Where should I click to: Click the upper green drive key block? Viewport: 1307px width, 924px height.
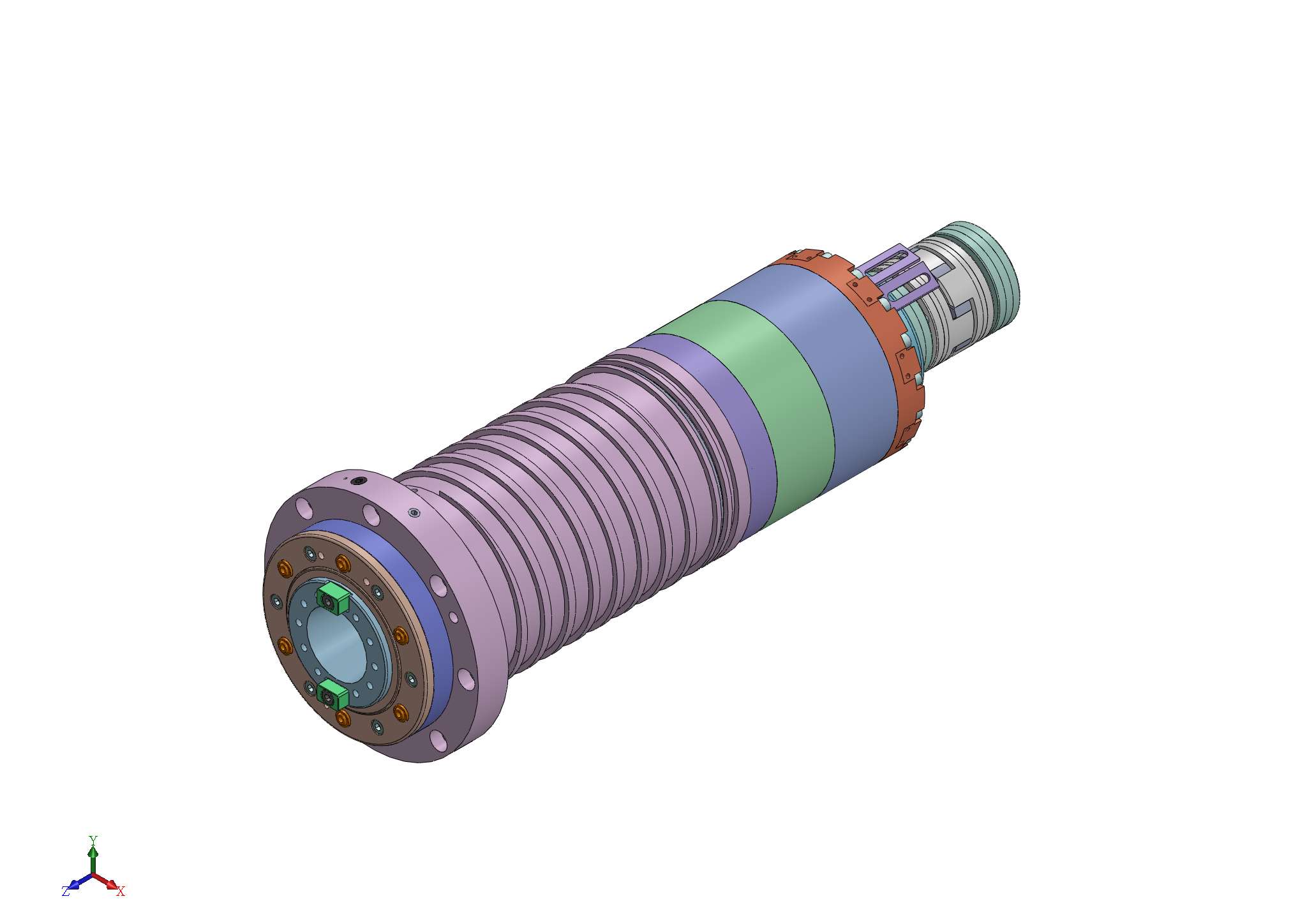point(333,597)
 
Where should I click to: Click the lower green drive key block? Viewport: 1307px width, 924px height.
point(332,694)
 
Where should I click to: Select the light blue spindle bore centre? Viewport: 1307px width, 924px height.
point(336,645)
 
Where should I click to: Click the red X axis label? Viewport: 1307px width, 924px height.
point(121,891)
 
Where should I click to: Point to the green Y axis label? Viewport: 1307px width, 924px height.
point(93,839)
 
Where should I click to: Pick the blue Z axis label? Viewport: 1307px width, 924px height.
point(66,891)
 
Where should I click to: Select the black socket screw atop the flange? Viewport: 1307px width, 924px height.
point(359,481)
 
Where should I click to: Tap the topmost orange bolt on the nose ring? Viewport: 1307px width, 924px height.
point(343,563)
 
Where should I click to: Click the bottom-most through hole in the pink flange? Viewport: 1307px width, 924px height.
point(439,740)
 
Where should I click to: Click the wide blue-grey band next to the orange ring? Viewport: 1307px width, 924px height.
point(823,357)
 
